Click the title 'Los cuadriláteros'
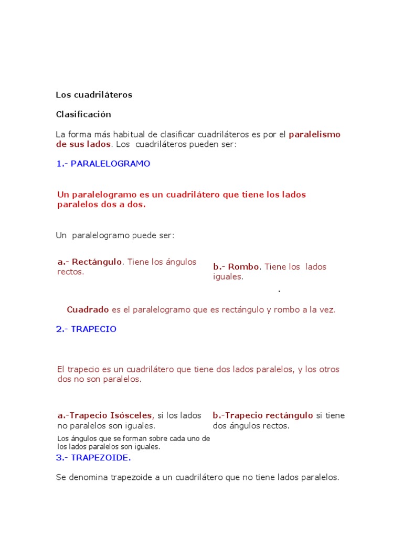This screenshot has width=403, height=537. coord(94,95)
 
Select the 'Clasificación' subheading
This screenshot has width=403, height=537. coord(83,114)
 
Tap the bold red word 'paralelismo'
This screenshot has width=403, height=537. coord(314,134)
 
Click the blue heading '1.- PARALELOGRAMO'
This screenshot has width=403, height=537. coord(103,164)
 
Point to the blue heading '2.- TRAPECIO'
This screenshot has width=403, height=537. coord(86,329)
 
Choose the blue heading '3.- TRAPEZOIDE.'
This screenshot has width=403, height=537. coord(93,457)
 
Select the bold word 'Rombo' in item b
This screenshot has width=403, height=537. coord(243,266)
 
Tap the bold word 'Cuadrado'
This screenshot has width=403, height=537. coord(88,309)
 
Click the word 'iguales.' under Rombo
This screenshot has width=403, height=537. coord(228,276)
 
